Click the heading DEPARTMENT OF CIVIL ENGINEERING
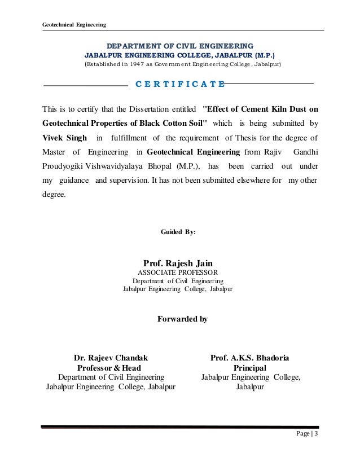click(181, 45)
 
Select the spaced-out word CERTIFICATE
click(181, 85)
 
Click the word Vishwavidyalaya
click(114, 166)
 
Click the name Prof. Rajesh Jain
click(179, 262)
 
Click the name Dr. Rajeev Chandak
click(112, 357)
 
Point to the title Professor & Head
click(112, 367)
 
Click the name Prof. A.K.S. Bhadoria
click(252, 357)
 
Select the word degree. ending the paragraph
click(54, 196)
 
